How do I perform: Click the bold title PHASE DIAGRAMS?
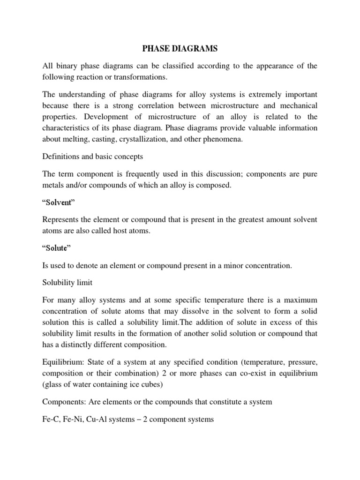tap(180, 48)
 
